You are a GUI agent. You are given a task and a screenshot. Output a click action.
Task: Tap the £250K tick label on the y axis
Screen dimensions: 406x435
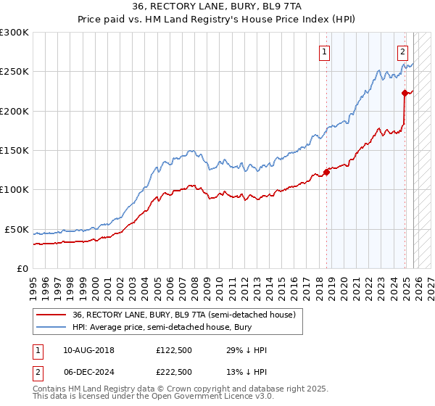point(14,72)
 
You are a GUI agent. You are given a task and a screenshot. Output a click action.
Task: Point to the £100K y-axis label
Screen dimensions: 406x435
point(14,190)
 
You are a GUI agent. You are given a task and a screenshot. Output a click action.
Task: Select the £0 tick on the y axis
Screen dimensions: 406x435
point(22,269)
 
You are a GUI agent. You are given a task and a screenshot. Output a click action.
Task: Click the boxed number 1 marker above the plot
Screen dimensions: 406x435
point(324,51)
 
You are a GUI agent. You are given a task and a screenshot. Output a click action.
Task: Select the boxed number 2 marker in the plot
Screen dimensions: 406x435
point(402,51)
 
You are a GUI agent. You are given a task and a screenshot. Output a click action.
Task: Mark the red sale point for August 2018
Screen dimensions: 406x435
point(326,172)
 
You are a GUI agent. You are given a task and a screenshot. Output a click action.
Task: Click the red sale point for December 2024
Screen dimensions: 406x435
point(405,93)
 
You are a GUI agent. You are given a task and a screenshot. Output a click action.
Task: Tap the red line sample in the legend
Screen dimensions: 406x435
point(51,315)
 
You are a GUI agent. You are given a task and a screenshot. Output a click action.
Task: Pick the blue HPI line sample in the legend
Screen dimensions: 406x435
point(51,328)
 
